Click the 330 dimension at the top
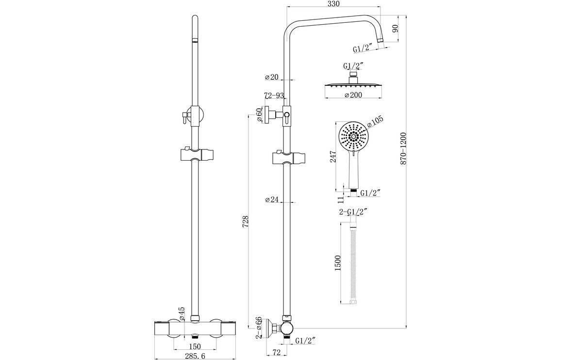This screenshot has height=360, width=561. coord(333,4)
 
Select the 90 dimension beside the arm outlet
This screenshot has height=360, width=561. coord(395,29)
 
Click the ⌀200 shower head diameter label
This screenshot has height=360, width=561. coord(353,96)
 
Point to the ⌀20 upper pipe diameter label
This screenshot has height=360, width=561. coord(272,77)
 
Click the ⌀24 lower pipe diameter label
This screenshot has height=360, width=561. coord(272,199)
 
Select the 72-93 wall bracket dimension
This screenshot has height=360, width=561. coord(274,96)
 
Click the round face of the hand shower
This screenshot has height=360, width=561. coord(354,138)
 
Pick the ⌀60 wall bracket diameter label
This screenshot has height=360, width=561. coord(260,115)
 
